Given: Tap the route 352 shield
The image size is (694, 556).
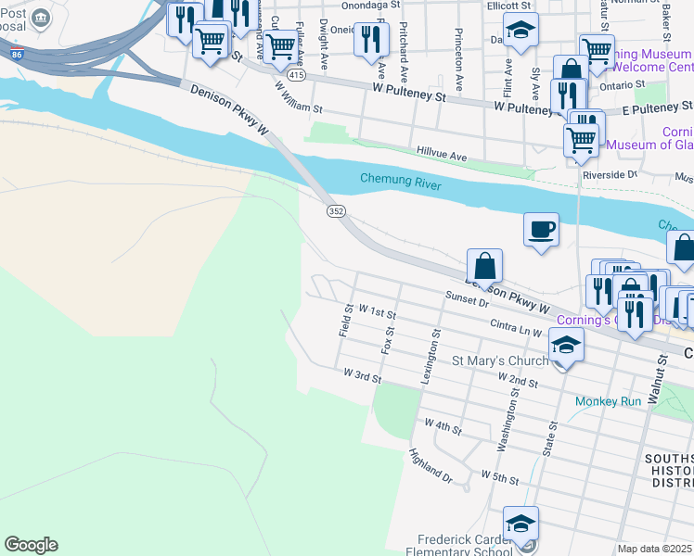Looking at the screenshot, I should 336,212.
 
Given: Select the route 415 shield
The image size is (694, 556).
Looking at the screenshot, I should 296,73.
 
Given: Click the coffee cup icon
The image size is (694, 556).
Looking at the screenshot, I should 541,229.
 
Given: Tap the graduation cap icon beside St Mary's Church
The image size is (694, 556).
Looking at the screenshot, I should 565,347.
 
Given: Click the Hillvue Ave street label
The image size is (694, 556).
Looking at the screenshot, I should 442,157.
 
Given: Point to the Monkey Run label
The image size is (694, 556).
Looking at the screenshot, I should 608,401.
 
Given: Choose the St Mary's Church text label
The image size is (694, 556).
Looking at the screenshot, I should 500,360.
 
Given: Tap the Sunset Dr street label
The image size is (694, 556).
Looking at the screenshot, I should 466,299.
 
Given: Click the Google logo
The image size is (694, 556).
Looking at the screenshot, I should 31,545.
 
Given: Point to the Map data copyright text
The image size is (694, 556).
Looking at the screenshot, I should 655,549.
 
